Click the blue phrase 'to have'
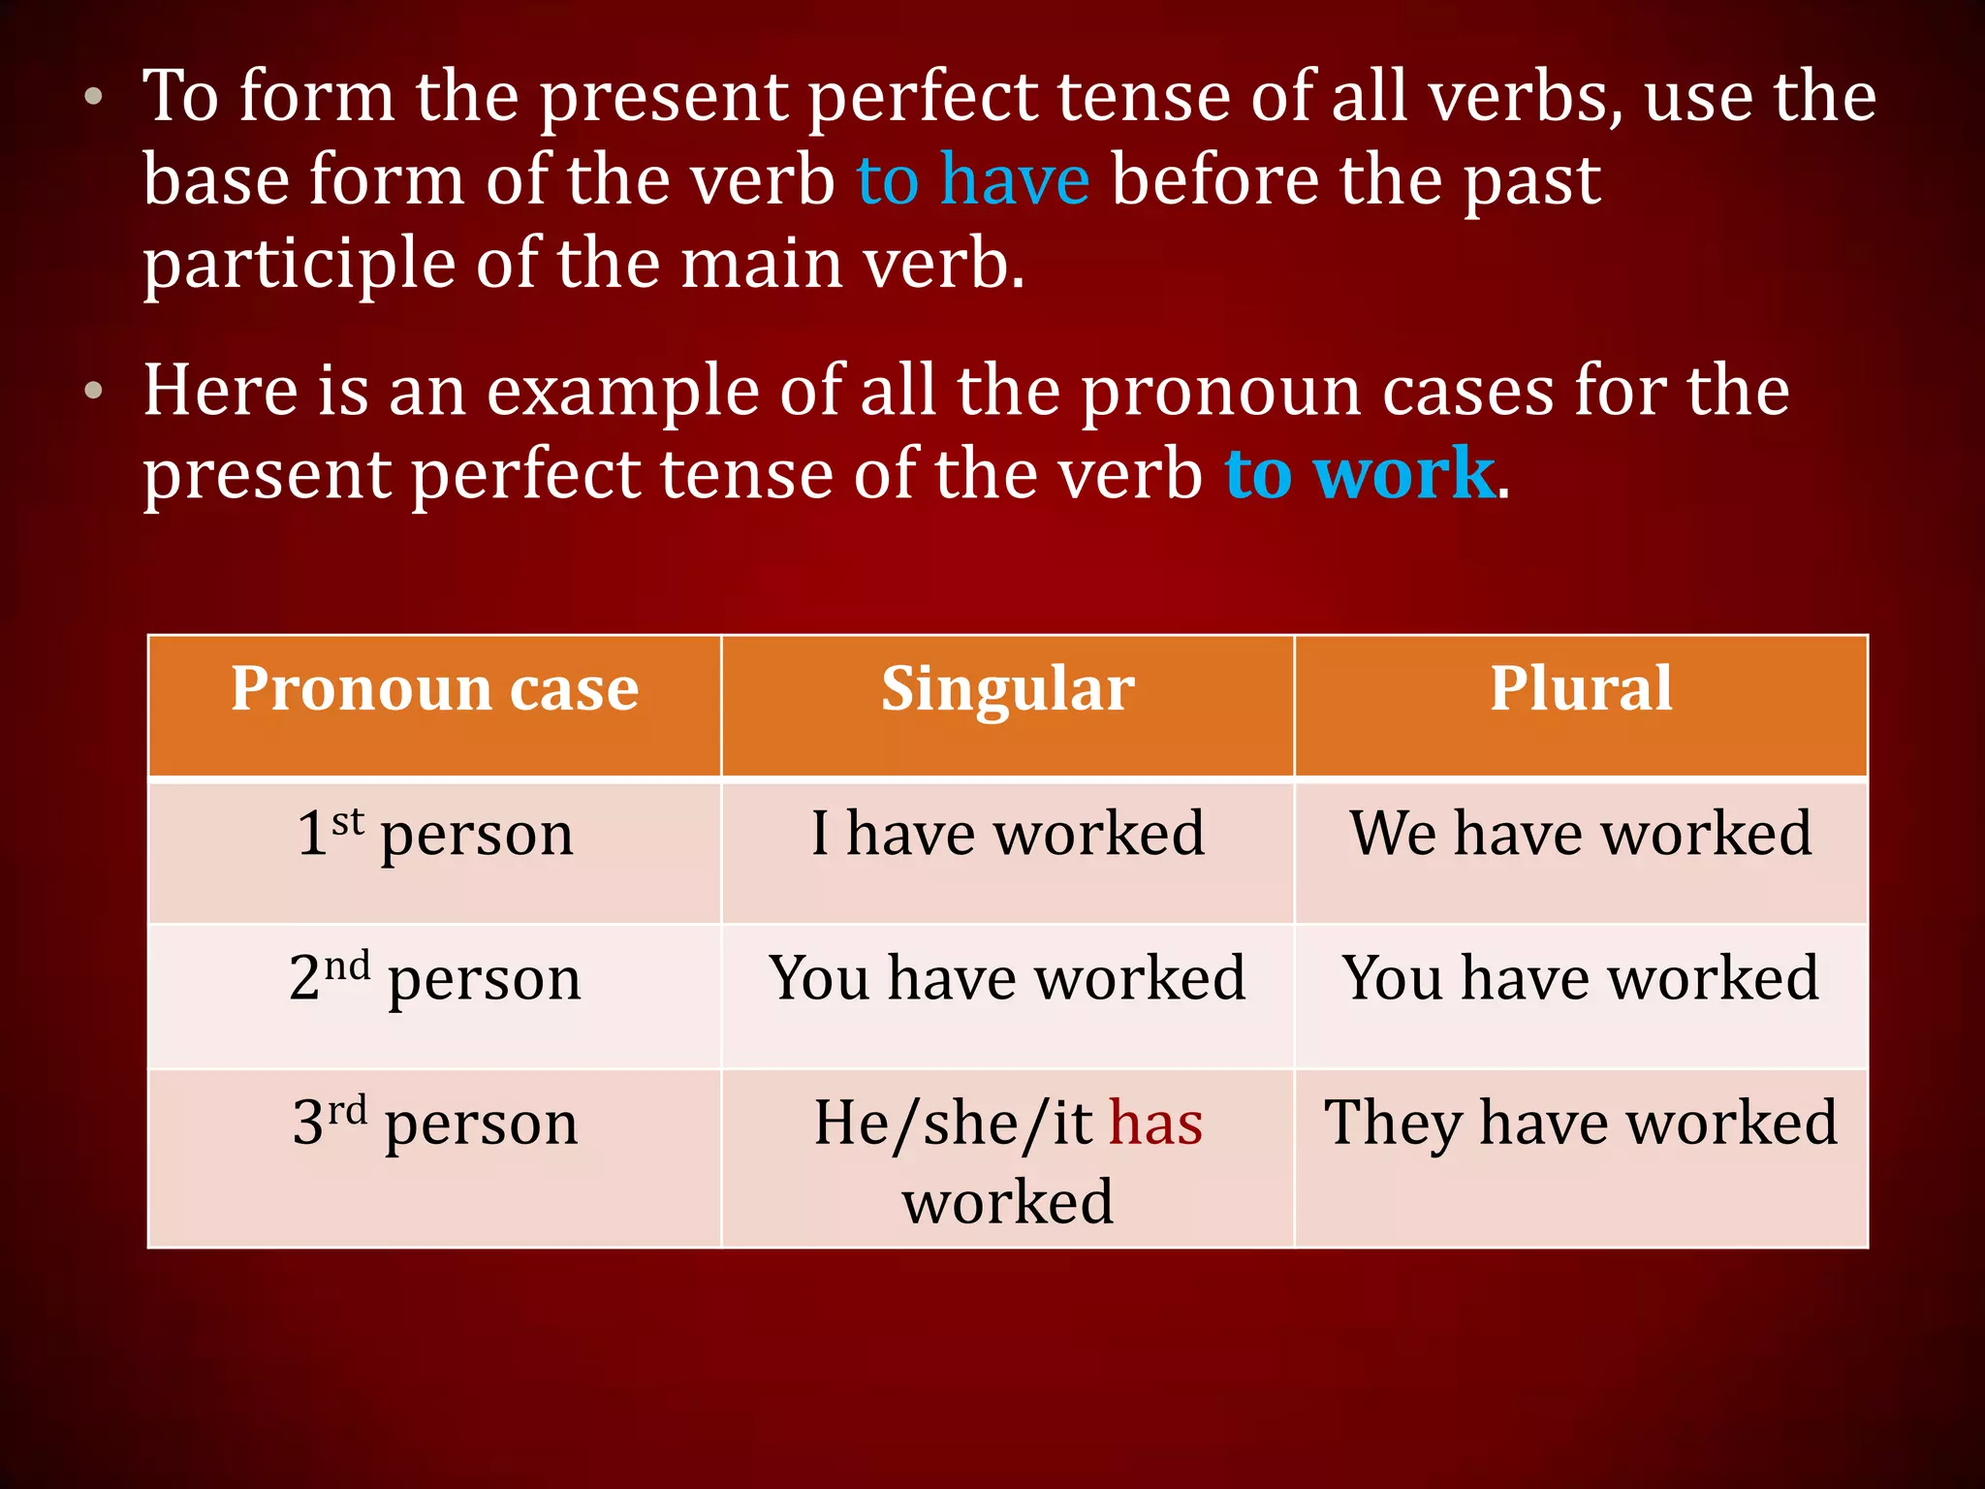point(973,180)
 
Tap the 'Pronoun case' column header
point(434,688)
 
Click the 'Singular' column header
point(1007,688)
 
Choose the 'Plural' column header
point(1581,688)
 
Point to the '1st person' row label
point(434,834)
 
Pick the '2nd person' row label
point(434,977)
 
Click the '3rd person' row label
point(434,1123)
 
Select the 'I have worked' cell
point(1007,834)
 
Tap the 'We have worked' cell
point(1581,834)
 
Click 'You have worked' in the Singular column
point(1007,977)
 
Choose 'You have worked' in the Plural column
point(1581,977)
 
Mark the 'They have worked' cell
point(1581,1123)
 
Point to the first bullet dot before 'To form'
point(93,97)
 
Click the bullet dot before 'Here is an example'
point(93,391)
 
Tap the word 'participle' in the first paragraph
point(299,264)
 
